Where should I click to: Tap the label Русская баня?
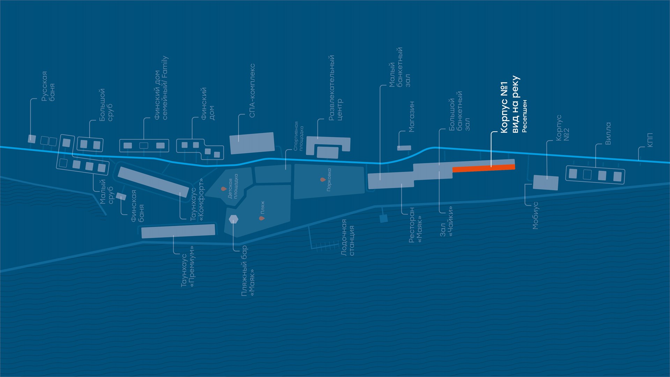pos(48,87)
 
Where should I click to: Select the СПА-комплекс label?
pos(252,91)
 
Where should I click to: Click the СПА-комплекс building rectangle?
pos(252,143)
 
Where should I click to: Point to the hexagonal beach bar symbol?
pos(233,219)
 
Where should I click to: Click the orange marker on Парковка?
pos(322,180)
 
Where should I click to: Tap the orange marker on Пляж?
pos(261,218)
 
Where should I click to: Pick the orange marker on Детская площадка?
pos(224,189)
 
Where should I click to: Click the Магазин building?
pos(404,148)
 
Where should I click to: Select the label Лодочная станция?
pos(348,237)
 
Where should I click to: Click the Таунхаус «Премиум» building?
pos(178,231)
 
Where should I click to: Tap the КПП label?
pos(649,140)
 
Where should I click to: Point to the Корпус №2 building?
pos(545,183)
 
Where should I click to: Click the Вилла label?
pos(608,133)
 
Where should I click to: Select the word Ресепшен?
pos(524,116)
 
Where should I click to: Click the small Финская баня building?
pos(121,197)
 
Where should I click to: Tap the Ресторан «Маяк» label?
pos(416,225)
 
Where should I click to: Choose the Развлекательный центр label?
pos(335,88)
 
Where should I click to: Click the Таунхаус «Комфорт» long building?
pos(154,182)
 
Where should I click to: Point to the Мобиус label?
pos(536,215)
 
